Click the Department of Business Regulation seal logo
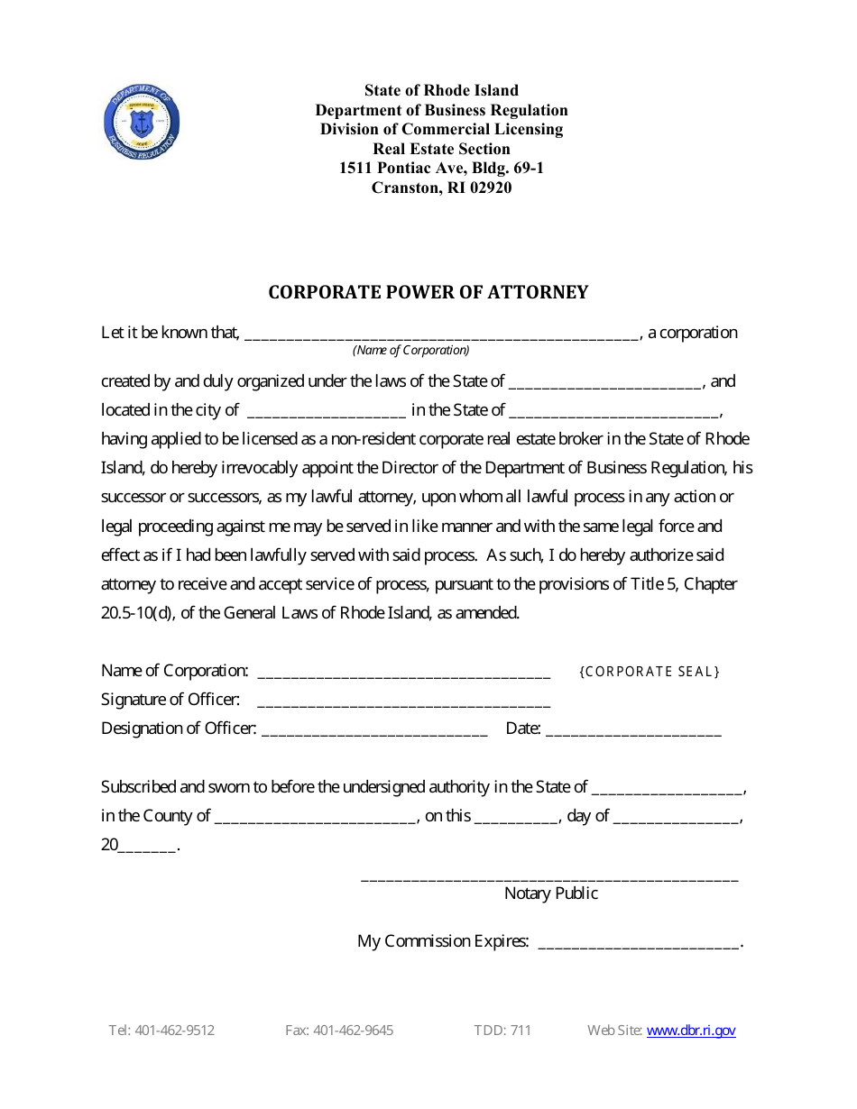142,124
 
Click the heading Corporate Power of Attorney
428,292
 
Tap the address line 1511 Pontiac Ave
441,169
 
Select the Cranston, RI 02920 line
441,188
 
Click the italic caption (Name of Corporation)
410,350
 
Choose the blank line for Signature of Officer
403,701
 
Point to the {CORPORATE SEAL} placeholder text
649,672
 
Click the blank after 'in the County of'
316,818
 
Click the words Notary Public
550,894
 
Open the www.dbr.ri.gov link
691,1031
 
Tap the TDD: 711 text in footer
502,1031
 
